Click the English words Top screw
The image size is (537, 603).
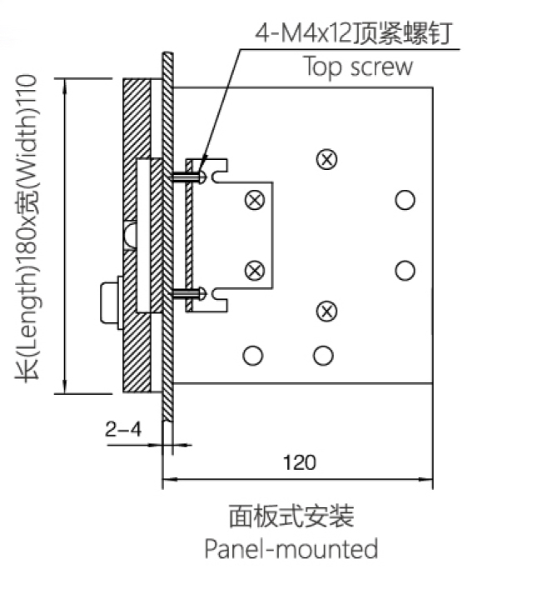tap(357, 67)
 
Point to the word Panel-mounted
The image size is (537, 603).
tap(291, 549)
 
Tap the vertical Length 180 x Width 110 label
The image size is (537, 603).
tap(31, 237)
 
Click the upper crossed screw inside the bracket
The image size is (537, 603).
tap(255, 200)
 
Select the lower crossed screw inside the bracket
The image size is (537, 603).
tap(255, 271)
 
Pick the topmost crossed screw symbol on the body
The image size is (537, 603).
tap(328, 158)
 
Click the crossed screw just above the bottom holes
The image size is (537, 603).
tap(328, 311)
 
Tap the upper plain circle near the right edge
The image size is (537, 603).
tap(405, 200)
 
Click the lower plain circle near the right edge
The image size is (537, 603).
tap(405, 271)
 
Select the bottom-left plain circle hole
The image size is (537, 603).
tap(252, 356)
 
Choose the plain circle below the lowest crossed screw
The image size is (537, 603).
tap(323, 356)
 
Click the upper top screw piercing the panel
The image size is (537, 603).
tap(188, 175)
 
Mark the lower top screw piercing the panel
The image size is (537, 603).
tap(188, 292)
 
